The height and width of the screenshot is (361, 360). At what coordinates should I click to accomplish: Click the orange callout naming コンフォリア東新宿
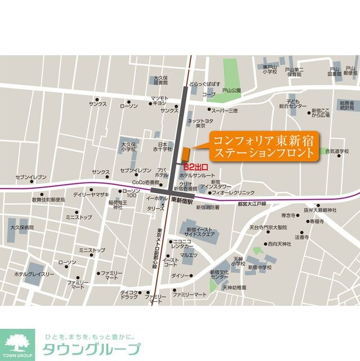click(263, 147)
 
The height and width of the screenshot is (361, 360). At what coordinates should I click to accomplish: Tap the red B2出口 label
click(197, 166)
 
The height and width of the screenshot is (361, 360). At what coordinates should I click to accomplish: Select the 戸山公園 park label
click(231, 90)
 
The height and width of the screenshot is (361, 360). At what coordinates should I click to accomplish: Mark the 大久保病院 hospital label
click(21, 227)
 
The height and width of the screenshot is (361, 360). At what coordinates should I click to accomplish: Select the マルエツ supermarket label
click(189, 256)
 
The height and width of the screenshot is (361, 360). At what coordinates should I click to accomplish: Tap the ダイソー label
click(181, 275)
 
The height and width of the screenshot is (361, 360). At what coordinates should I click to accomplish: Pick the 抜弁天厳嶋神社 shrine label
click(320, 210)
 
